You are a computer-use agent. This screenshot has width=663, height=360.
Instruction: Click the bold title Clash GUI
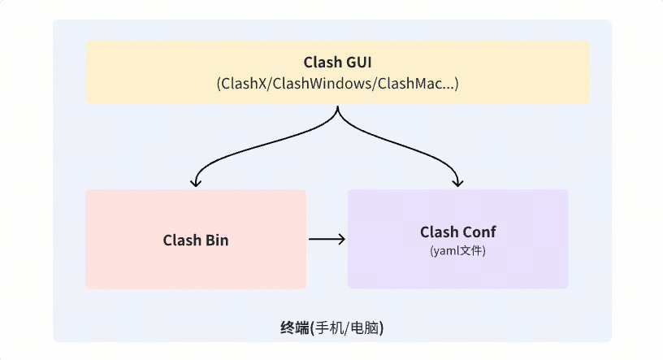[x=337, y=63]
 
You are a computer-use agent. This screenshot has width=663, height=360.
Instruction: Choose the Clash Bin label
[x=196, y=241]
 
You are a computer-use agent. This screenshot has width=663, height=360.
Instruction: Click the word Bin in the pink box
[x=216, y=241]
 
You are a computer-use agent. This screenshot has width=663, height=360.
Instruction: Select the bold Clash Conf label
[x=457, y=232]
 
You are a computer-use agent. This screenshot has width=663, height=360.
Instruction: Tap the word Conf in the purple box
[x=479, y=232]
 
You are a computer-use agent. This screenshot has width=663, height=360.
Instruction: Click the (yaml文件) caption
[x=457, y=252]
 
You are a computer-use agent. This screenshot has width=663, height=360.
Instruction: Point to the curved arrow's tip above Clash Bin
[x=196, y=183]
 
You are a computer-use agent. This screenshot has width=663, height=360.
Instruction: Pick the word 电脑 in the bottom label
[x=365, y=328]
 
